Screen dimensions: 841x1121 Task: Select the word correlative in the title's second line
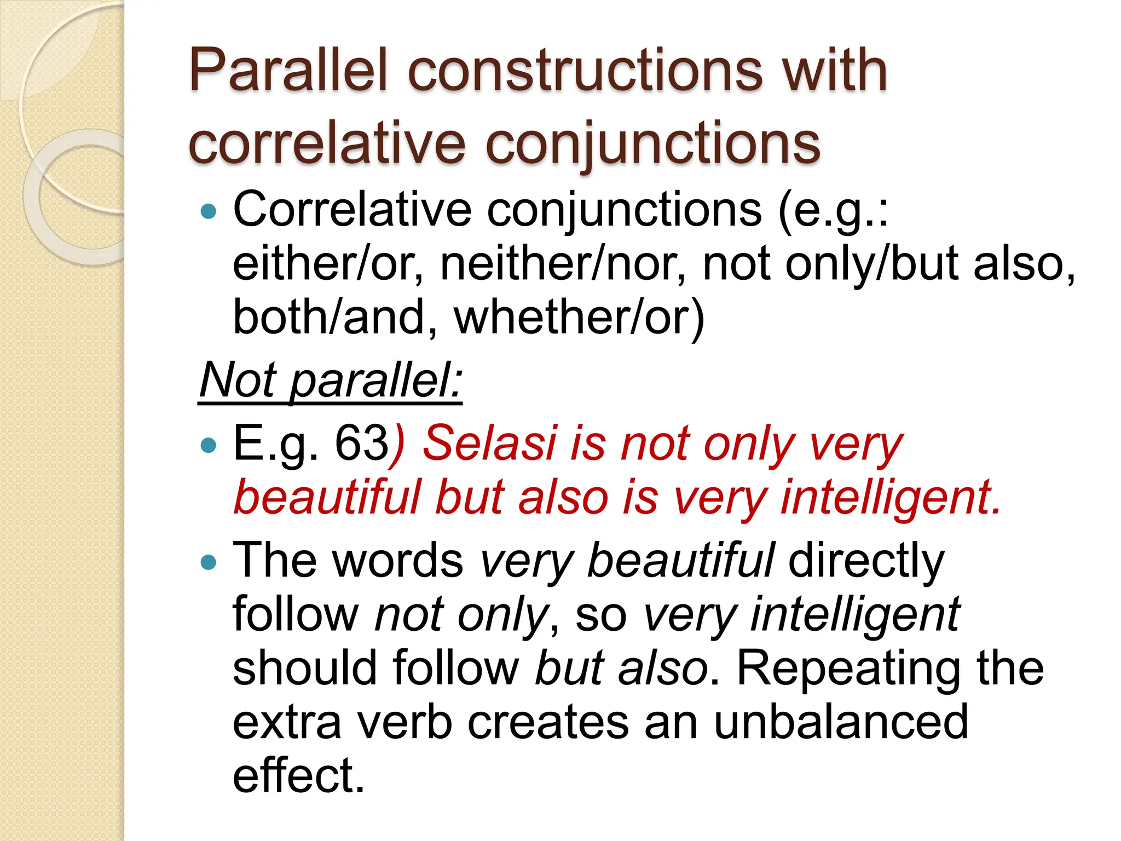click(326, 143)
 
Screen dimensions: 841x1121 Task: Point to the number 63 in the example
click(361, 443)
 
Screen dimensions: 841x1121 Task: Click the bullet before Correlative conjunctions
click(209, 211)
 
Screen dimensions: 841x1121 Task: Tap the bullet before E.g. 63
click(209, 445)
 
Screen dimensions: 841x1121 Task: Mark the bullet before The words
click(209, 562)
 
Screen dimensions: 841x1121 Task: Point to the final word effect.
click(298, 775)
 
